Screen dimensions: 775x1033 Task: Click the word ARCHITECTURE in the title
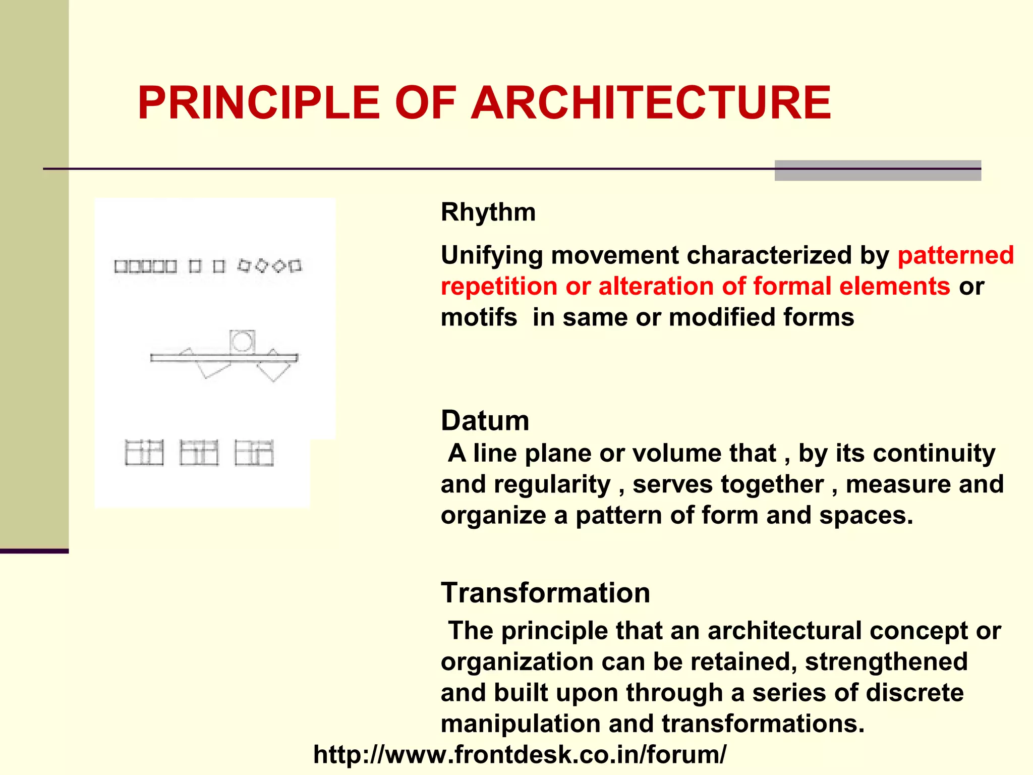click(651, 103)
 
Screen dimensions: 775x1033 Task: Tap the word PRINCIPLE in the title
click(259, 103)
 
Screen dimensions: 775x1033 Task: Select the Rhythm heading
click(488, 212)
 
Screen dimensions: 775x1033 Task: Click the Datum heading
click(485, 420)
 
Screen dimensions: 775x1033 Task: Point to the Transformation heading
click(545, 592)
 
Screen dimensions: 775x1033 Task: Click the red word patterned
click(955, 255)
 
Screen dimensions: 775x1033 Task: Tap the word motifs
click(479, 318)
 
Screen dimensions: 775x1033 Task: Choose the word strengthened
click(886, 661)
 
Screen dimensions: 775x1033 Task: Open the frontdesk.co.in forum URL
click(520, 755)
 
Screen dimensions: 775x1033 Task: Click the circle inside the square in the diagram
click(242, 342)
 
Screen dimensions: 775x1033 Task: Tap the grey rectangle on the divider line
click(878, 171)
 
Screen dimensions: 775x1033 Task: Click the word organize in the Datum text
click(493, 516)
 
